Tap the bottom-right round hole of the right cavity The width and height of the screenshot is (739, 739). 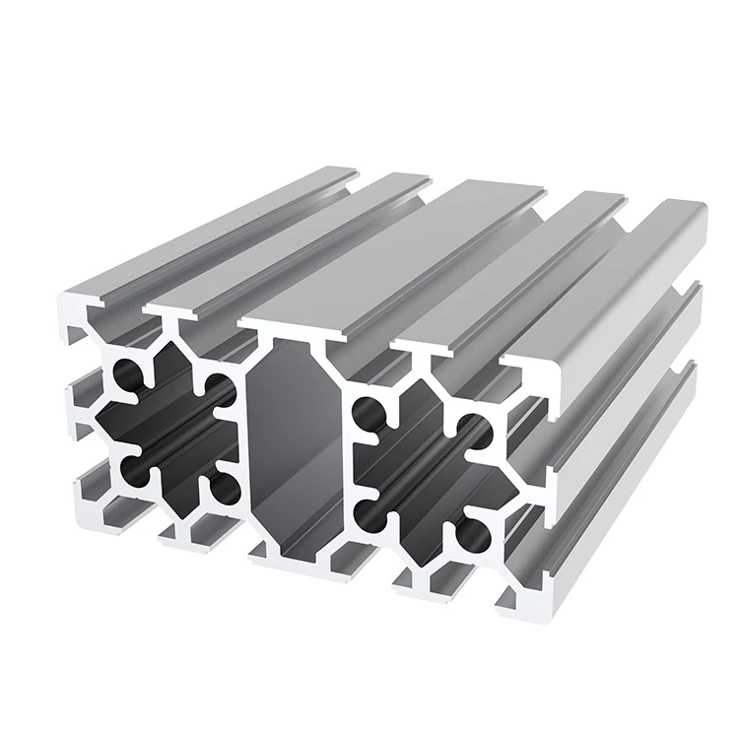(x=472, y=536)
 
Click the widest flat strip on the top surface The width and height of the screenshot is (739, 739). (x=394, y=246)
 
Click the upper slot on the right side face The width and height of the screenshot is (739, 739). (x=631, y=365)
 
